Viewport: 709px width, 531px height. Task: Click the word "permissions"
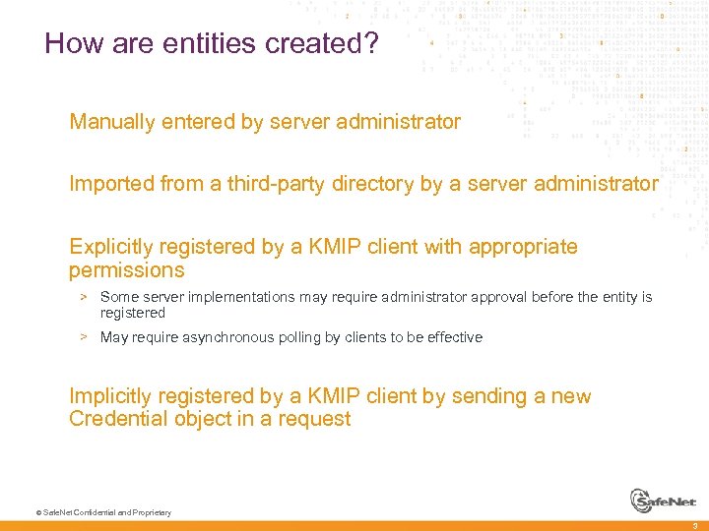[126, 269]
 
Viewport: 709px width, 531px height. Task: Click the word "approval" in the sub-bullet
[500, 297]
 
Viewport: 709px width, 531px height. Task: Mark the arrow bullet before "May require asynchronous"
[86, 337]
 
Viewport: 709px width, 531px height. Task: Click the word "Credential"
[112, 419]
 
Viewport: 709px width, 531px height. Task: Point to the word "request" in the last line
[315, 420]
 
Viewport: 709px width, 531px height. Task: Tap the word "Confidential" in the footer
[90, 512]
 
